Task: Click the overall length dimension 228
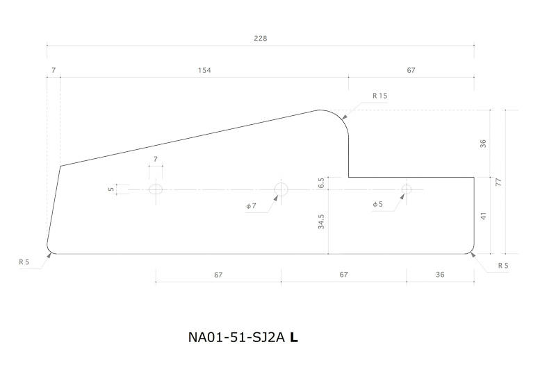click(x=260, y=38)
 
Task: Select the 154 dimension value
click(x=204, y=70)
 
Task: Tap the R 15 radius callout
click(x=379, y=96)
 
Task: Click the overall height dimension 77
click(x=498, y=182)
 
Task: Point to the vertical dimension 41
click(x=483, y=216)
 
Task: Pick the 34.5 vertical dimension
click(x=321, y=222)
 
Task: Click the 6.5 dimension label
click(x=321, y=182)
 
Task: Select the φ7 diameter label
click(x=251, y=206)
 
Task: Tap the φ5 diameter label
click(x=377, y=204)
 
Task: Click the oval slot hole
click(x=156, y=189)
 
